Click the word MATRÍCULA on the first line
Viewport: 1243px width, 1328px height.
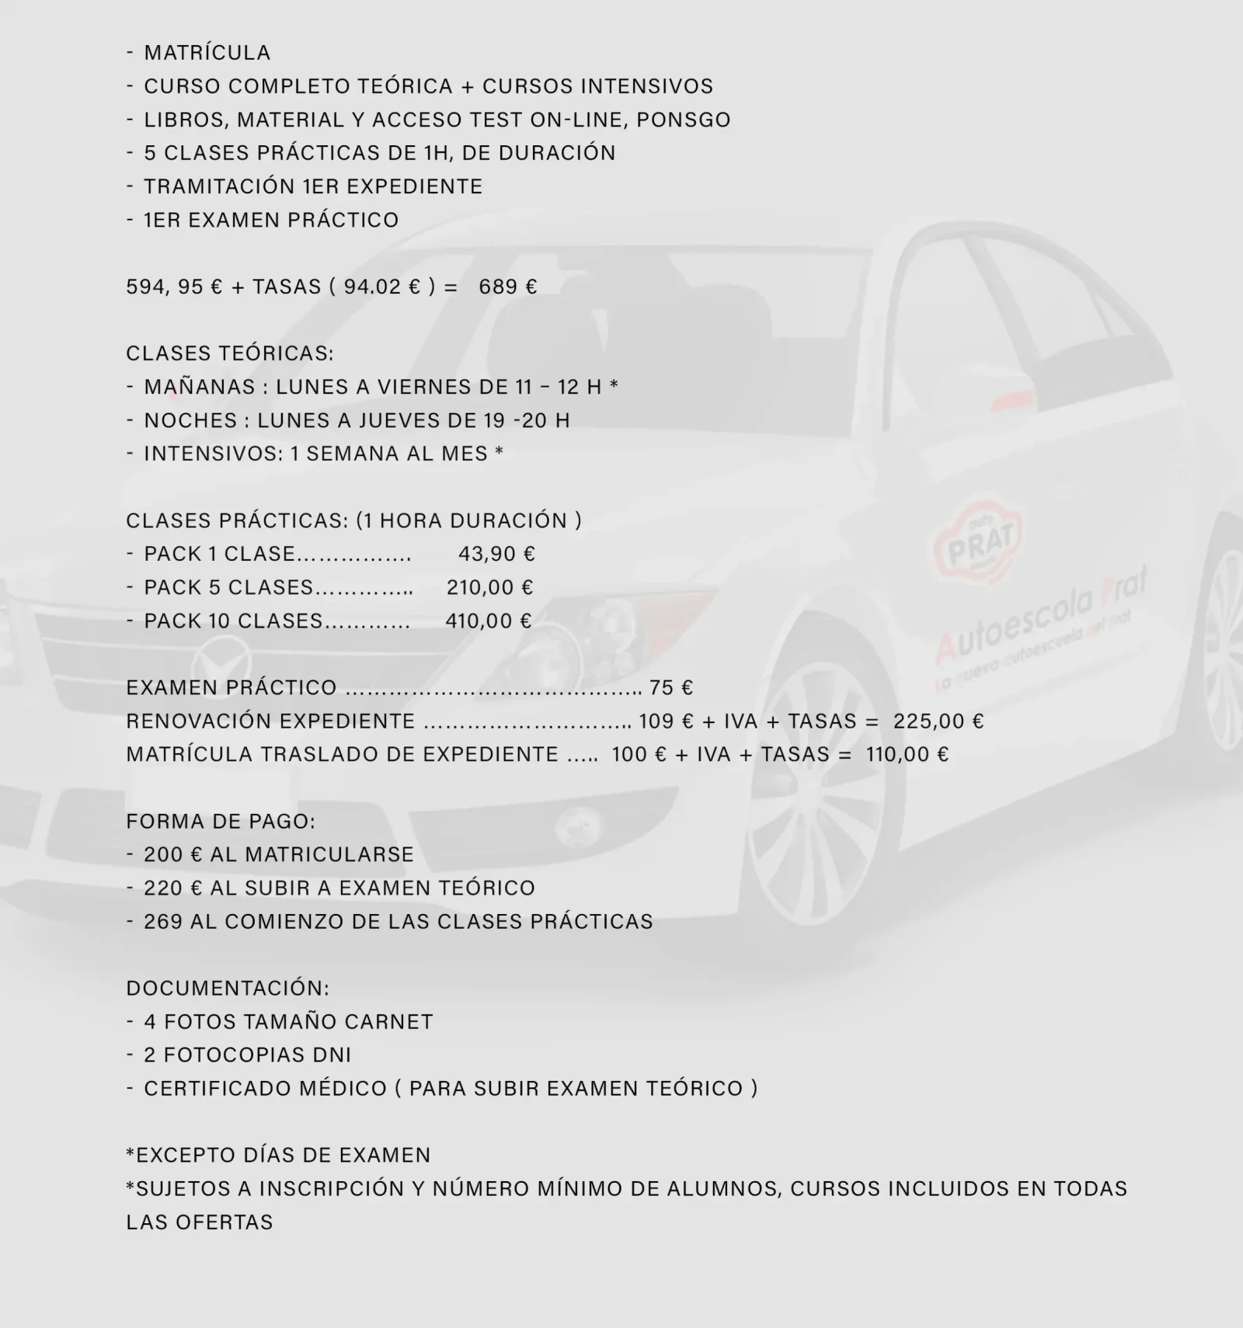pos(207,53)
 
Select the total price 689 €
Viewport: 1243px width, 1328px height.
pos(507,287)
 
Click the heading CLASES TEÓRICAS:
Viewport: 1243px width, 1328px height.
pos(230,353)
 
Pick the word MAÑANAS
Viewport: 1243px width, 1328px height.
pos(200,387)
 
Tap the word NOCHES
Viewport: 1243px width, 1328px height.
pos(190,420)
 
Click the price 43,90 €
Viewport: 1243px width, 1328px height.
pos(496,554)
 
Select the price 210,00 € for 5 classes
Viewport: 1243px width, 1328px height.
pos(489,587)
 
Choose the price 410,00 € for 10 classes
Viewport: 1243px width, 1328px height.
pos(489,621)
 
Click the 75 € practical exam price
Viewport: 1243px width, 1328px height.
pos(671,687)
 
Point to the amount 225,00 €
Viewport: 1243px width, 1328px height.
pos(938,721)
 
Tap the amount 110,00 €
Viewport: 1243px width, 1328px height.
pos(907,754)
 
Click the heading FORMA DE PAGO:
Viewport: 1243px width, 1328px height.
pos(221,821)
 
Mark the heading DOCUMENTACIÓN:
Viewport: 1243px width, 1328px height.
pos(228,988)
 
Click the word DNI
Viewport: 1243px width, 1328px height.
pos(333,1055)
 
